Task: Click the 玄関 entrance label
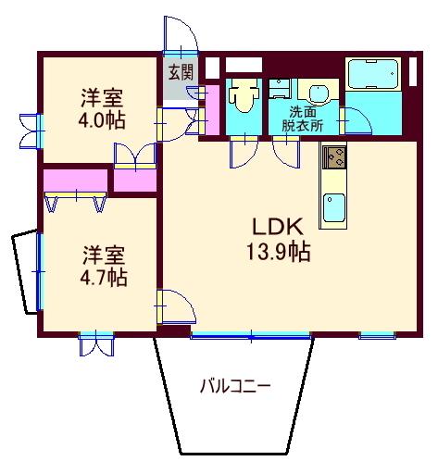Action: (181, 70)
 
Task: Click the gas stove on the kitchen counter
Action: (334, 159)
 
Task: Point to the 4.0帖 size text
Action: (102, 120)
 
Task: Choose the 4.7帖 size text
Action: (102, 277)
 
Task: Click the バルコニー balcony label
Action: (235, 388)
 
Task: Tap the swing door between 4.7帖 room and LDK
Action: (173, 306)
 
